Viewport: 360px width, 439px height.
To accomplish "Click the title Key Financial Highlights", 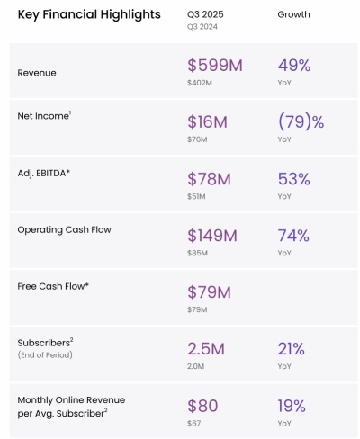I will tap(89, 14).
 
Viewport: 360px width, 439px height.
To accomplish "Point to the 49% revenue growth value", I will tap(294, 66).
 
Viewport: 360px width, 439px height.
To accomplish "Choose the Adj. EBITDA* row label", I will tap(44, 173).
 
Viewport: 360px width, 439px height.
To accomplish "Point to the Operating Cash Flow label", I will tap(64, 229).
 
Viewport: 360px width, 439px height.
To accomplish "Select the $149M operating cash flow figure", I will tap(212, 236).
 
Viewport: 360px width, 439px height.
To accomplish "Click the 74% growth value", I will tap(294, 236).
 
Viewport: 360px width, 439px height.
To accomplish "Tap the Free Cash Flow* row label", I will tap(53, 286).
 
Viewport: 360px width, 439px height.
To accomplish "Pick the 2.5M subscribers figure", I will tap(209, 348).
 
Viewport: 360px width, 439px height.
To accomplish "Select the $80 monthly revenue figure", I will tap(203, 405).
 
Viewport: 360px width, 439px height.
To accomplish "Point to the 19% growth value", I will tap(293, 405).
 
